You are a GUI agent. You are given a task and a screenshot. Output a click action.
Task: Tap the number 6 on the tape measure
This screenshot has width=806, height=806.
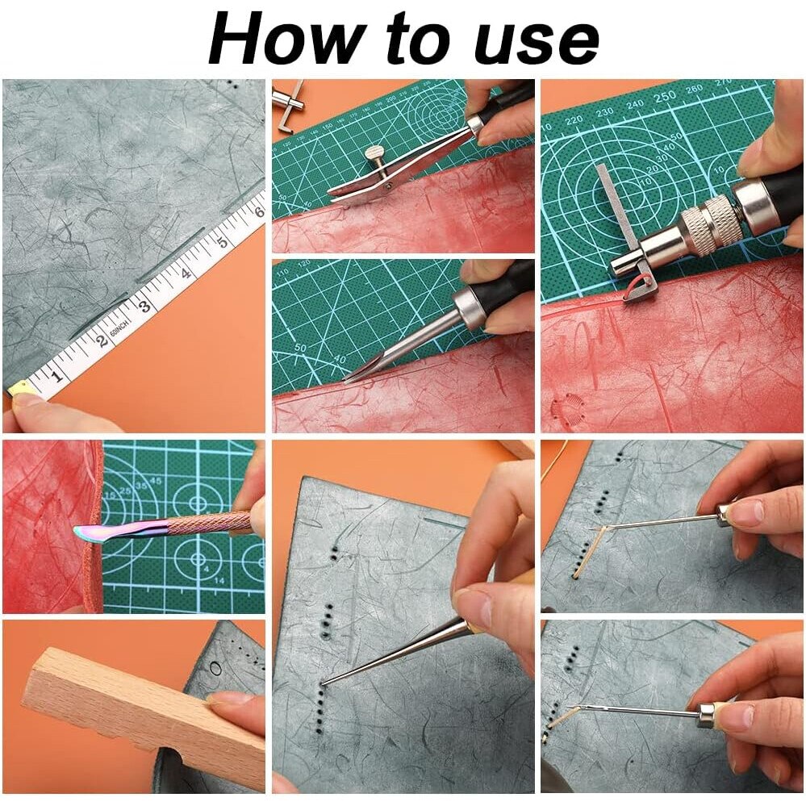(258, 211)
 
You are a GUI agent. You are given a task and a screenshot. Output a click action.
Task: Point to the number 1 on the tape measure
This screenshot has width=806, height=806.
(57, 376)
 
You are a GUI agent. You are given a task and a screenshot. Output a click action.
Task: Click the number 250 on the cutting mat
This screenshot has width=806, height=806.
(664, 97)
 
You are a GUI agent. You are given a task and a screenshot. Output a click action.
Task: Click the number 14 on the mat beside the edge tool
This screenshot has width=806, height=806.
(219, 580)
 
